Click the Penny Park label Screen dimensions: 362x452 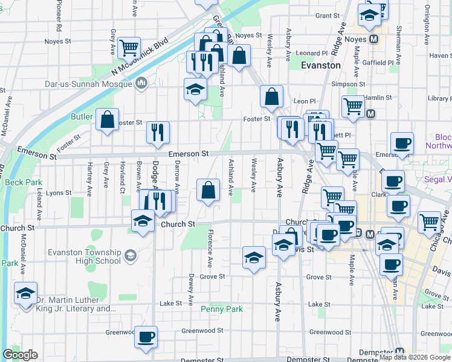tap(221, 309)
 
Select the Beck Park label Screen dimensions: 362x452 tap(23, 182)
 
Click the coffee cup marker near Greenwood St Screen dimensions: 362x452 tap(146, 337)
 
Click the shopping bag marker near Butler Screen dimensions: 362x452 tap(107, 119)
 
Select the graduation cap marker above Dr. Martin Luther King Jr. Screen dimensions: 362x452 tap(25, 293)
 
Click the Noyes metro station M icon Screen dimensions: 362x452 tap(374, 39)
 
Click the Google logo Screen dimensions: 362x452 tap(20, 355)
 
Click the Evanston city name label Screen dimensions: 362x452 tap(320, 65)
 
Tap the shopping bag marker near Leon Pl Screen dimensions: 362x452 tap(272, 96)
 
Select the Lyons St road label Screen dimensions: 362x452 tap(59, 193)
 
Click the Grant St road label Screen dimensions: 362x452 tap(326, 16)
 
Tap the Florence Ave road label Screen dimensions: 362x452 tap(210, 248)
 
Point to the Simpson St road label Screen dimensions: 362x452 tap(344, 84)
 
